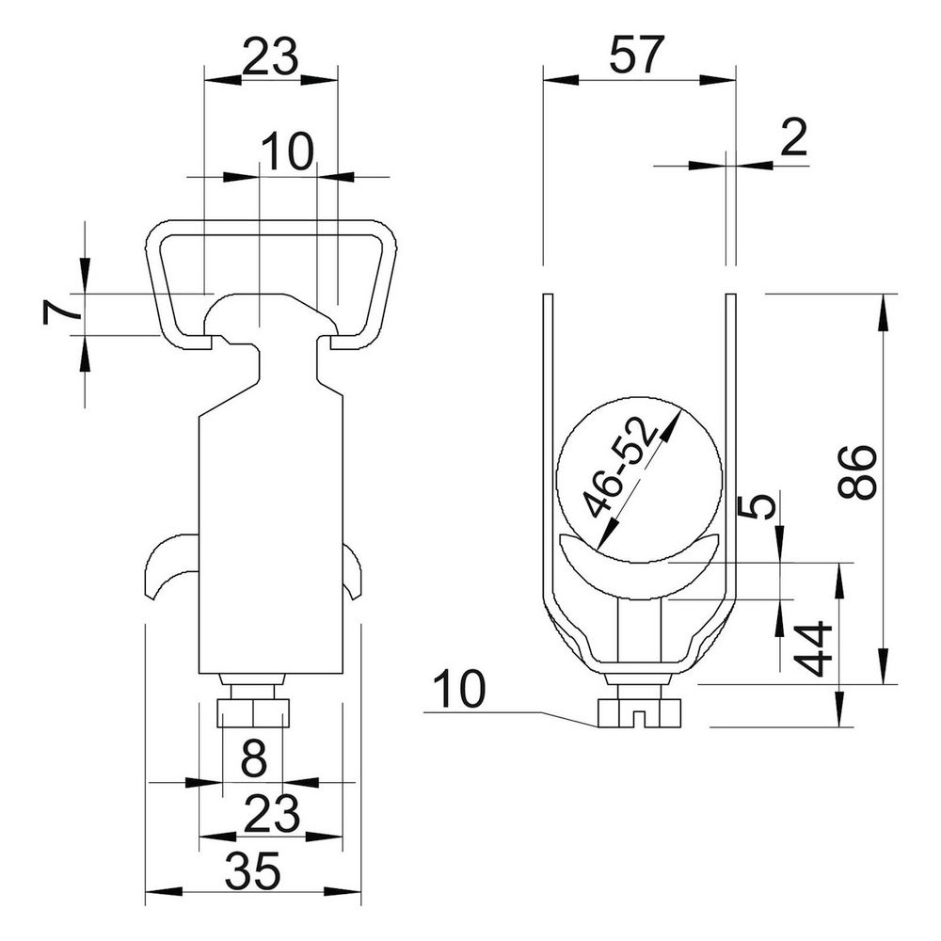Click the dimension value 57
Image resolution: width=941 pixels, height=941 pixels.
click(x=637, y=55)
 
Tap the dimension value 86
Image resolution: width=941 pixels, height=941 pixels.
click(x=857, y=472)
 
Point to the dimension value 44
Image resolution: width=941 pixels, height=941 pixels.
click(x=813, y=649)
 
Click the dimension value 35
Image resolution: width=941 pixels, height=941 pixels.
click(x=252, y=870)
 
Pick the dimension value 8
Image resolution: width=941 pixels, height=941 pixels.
click(x=253, y=758)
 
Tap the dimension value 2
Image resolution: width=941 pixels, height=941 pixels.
click(x=794, y=138)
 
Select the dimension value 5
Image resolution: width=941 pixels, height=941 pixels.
click(x=755, y=508)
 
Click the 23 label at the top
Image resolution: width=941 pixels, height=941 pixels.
click(x=270, y=57)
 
